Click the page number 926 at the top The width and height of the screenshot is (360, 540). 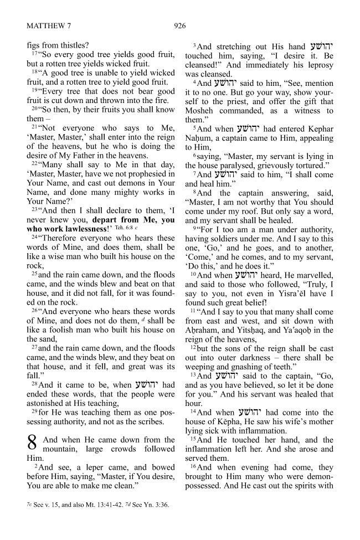point(179,25)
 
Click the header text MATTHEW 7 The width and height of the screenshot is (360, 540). point(50,25)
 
